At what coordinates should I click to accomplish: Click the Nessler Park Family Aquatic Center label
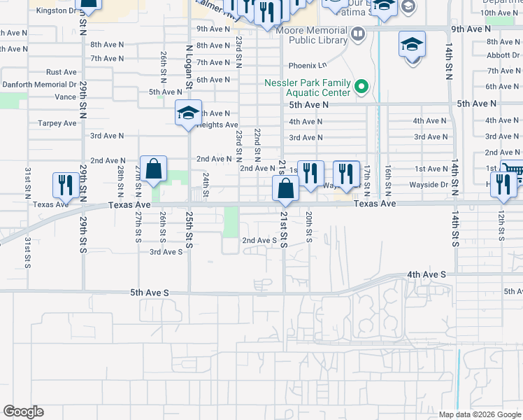[307, 87]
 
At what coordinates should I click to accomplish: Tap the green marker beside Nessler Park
[361, 87]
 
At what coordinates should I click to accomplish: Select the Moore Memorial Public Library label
[312, 36]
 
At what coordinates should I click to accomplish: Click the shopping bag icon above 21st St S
[286, 188]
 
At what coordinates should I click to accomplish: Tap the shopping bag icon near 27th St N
[153, 169]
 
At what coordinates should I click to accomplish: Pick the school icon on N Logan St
[188, 113]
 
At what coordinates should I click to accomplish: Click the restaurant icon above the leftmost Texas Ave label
[66, 185]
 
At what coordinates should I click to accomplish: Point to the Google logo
[23, 412]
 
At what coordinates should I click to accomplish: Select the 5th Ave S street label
[149, 292]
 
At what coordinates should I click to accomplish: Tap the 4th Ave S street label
[426, 275]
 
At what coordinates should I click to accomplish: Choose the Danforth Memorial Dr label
[38, 84]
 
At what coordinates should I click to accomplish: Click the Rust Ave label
[62, 72]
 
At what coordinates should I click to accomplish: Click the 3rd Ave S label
[166, 251]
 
